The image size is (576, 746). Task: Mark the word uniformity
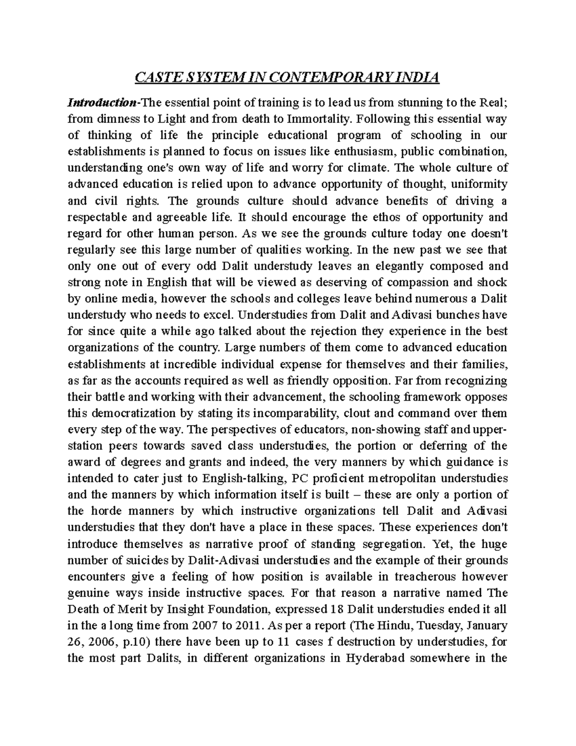coord(480,184)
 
